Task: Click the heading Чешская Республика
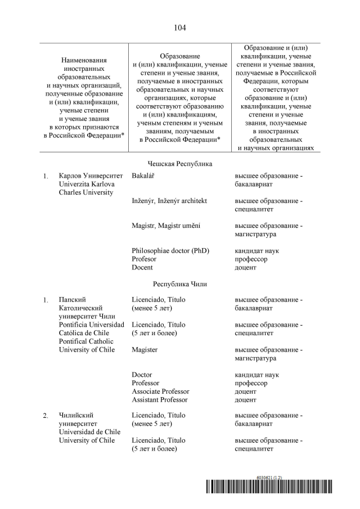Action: [x=179, y=164]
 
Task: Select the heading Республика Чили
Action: [x=179, y=284]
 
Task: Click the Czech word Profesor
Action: [x=144, y=259]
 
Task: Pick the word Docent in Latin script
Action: [x=142, y=267]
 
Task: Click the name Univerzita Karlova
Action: [x=85, y=184]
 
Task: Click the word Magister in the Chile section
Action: [x=145, y=350]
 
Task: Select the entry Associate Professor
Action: [x=160, y=391]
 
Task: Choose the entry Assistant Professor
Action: [x=160, y=399]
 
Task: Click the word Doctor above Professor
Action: [x=142, y=375]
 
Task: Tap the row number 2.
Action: [x=46, y=416]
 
